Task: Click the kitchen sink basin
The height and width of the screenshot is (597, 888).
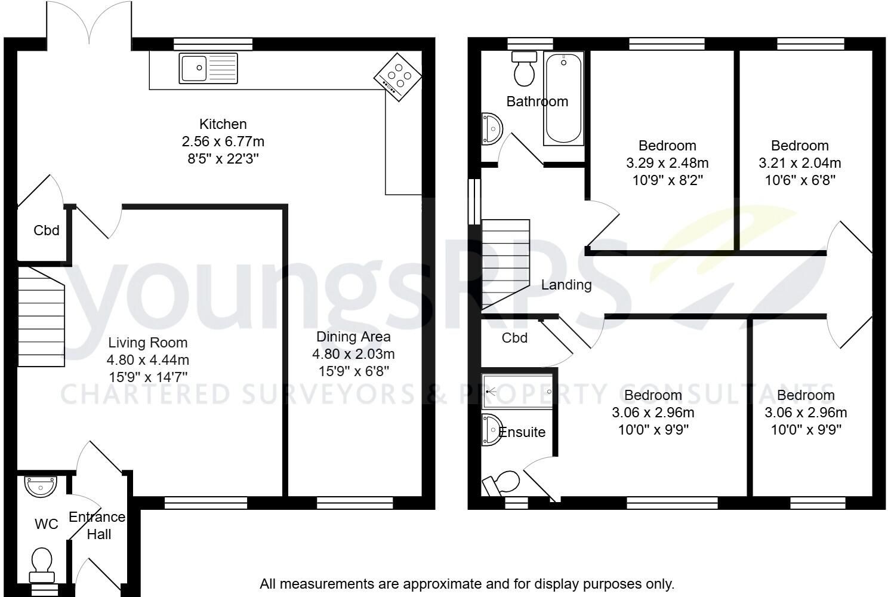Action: coord(194,68)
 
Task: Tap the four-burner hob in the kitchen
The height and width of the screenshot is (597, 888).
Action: coord(397,77)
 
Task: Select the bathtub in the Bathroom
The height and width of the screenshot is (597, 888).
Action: coord(563,98)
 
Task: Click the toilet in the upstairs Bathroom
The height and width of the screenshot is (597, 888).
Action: coord(524,69)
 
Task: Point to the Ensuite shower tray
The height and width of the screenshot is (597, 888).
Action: coord(517,392)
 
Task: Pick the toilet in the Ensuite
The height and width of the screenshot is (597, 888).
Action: coord(501,483)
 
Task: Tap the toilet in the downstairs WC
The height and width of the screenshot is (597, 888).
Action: coord(42,565)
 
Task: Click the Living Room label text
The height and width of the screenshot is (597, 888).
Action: coord(148,342)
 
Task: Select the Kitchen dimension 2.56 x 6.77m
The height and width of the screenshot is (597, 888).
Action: coord(223,141)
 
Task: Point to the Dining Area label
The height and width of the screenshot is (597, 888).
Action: coord(354,337)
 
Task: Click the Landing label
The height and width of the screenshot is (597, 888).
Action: coord(566,285)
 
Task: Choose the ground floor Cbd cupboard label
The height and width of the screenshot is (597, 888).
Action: coord(47,230)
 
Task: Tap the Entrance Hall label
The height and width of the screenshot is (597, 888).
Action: coord(97,525)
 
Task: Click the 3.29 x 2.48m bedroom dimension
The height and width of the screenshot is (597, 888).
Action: coord(668,162)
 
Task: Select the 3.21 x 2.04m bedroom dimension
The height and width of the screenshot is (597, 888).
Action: coord(800,162)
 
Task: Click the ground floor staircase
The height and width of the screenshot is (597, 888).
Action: coord(41,316)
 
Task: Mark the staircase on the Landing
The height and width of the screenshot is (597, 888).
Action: coord(505,264)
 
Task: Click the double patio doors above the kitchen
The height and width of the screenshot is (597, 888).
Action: coord(89,23)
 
